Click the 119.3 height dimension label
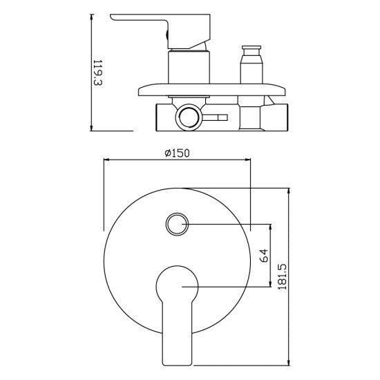[98, 73]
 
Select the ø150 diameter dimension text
[177, 153]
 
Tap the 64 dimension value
[264, 255]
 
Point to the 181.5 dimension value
[283, 276]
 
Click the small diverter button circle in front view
[177, 224]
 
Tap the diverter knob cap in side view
[251, 47]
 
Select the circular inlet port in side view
[188, 117]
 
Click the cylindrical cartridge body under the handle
[189, 67]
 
